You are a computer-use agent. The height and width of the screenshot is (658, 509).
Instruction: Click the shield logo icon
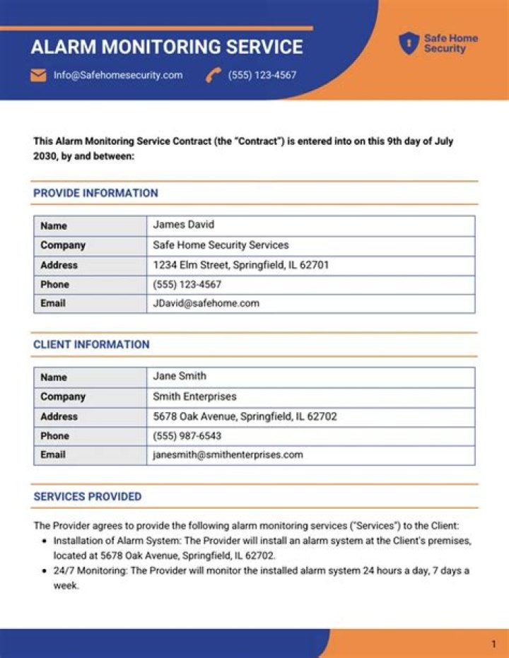click(x=409, y=43)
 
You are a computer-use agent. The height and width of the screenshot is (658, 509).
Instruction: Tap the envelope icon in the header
click(x=38, y=75)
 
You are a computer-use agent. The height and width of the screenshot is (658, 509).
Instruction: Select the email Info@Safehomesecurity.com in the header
click(x=118, y=75)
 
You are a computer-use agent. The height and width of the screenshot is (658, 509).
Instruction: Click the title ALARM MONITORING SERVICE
click(x=167, y=47)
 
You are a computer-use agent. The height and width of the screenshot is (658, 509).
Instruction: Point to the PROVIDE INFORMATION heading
click(x=95, y=193)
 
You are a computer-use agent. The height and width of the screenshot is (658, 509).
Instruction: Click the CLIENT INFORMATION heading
click(x=91, y=344)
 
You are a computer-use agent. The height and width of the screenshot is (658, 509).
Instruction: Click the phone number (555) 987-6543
click(x=187, y=435)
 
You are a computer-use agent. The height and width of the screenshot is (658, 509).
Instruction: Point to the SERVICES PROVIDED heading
click(x=87, y=496)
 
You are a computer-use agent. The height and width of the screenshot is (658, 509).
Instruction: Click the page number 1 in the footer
click(x=493, y=644)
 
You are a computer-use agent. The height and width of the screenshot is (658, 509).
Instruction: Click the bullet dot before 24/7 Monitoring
click(x=45, y=570)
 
